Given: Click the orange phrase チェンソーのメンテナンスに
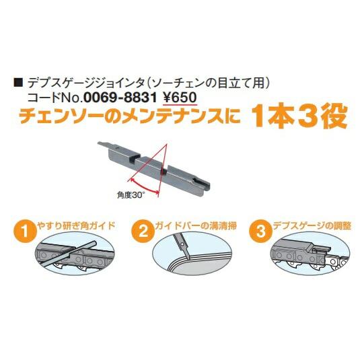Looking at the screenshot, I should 127,118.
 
